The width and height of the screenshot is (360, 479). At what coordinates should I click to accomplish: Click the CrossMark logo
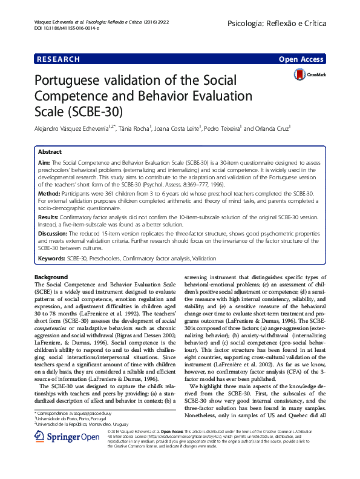coord(307,74)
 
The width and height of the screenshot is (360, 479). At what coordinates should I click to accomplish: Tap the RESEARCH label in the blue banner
coord(59,59)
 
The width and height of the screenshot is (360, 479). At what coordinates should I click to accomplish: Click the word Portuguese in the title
coord(71,81)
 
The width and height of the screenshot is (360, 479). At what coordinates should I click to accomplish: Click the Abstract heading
coord(50,152)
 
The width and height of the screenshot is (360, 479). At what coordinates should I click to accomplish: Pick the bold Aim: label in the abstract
coord(45,164)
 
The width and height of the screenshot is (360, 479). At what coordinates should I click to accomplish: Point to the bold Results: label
coord(49,216)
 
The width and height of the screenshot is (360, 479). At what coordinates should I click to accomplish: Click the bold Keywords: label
coord(53,259)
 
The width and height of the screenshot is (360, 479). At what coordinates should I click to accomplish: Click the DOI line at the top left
coord(61,28)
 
